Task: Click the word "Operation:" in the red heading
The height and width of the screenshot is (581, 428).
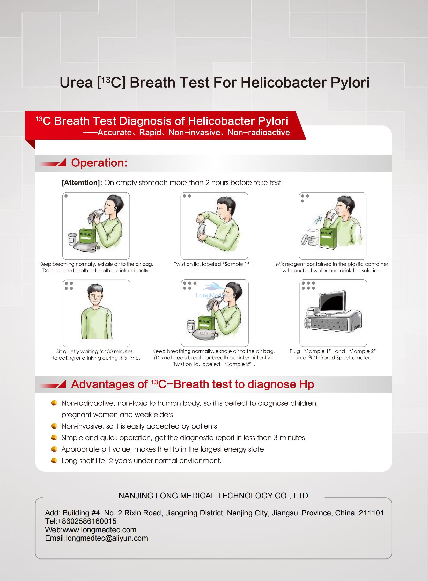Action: [x=99, y=163]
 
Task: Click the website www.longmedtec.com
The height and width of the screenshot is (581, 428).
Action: [x=99, y=530]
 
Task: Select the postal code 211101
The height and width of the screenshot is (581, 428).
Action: [x=371, y=513]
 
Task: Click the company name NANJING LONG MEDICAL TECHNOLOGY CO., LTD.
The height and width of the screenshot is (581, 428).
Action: [x=214, y=496]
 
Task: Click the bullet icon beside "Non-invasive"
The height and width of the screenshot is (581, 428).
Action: [x=54, y=426]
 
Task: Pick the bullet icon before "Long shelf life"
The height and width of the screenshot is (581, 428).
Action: [x=54, y=460]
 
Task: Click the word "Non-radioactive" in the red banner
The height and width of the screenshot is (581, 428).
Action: [x=259, y=133]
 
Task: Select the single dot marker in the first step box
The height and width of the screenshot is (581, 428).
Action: [x=66, y=196]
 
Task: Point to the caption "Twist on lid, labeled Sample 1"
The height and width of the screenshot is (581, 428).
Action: [x=213, y=264]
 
